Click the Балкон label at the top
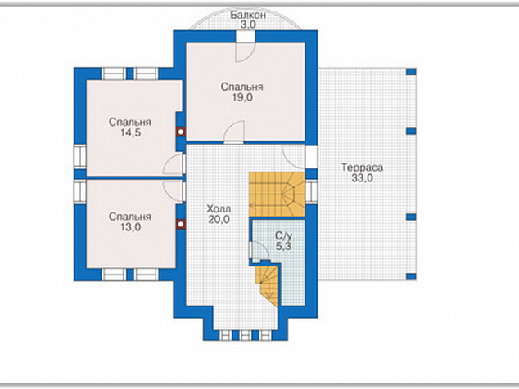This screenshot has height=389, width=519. coord(248,15)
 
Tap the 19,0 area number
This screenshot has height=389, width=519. coord(242,97)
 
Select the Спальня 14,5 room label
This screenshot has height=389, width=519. coord(130,127)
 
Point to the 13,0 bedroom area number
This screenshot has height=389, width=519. coord(130,227)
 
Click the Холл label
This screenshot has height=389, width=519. coord(219,209)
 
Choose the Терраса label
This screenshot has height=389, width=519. coord(362,168)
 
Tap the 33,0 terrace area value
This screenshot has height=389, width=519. coord(362,178)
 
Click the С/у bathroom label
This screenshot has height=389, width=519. coord(284,235)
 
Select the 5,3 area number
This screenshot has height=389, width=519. coord(284,246)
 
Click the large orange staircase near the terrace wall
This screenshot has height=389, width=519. coord(277,194)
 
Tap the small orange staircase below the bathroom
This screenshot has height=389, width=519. coord(267,284)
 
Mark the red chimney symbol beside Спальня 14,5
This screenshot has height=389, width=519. coord(181,132)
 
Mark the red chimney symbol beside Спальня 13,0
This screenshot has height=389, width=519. coord(181,224)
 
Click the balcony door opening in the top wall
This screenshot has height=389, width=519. coord(246,36)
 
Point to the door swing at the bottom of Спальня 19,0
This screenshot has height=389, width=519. coord(234,132)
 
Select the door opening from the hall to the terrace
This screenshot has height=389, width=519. coord(311,157)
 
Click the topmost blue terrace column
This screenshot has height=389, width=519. coord(411,71)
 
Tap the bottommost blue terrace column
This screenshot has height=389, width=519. coord(411,276)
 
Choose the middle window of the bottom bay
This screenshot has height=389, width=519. coord(246,335)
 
